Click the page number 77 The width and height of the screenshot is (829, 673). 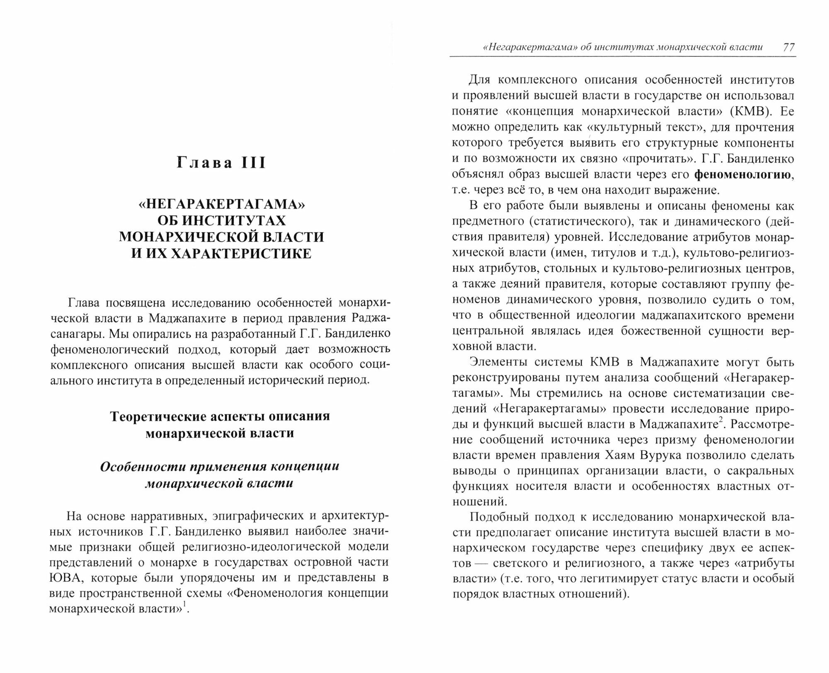pos(788,47)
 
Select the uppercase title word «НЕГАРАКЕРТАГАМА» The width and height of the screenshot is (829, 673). pos(221,204)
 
